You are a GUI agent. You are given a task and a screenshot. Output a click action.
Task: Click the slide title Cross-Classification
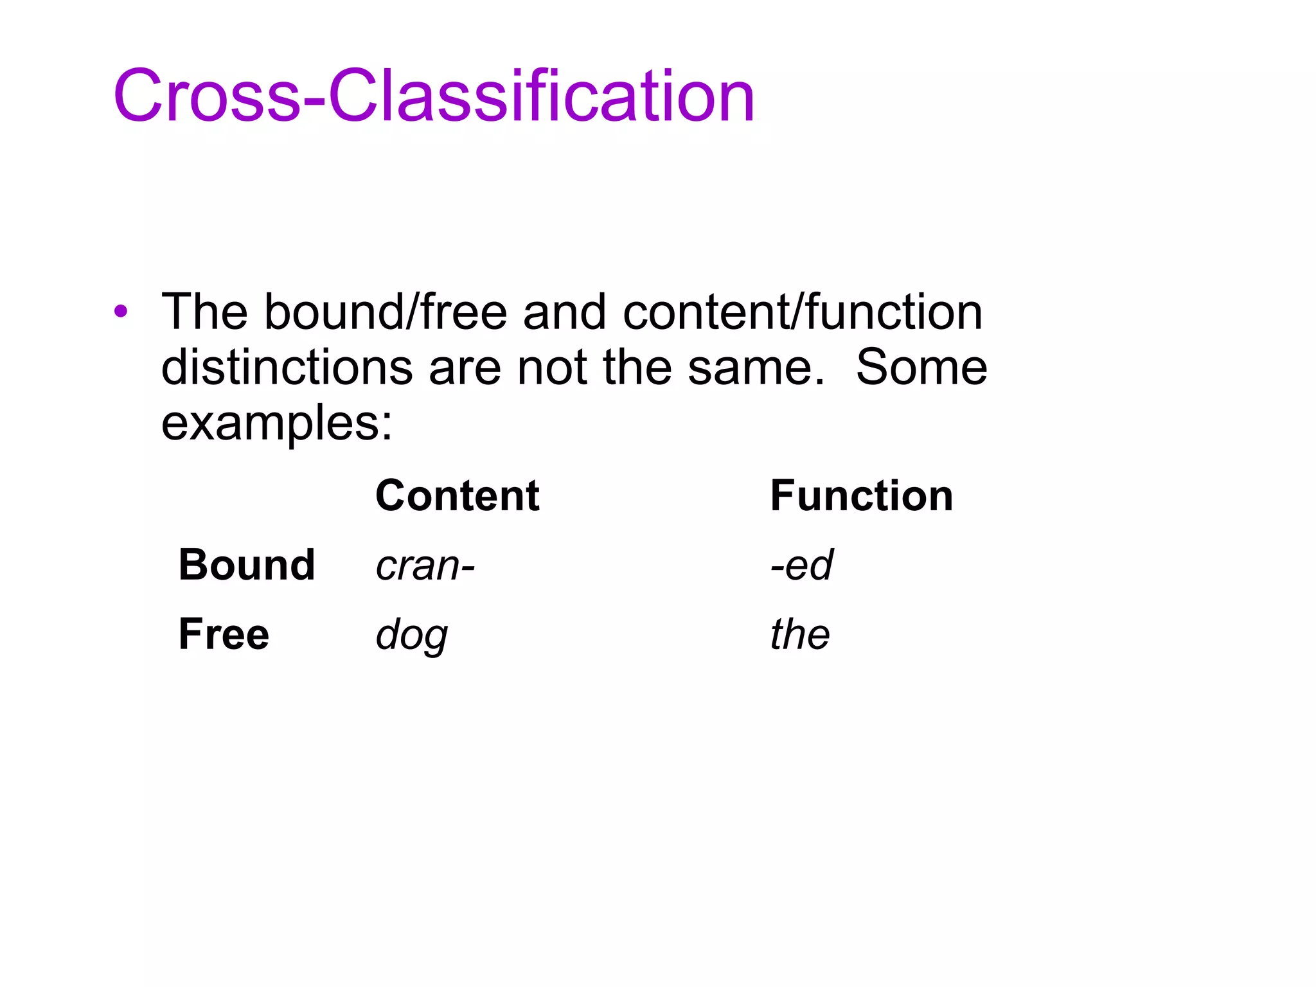tap(434, 96)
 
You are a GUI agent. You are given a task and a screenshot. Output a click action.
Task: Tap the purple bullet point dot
tap(121, 312)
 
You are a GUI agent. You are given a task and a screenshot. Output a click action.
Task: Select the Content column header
tap(457, 496)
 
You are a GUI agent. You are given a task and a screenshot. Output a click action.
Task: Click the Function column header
tap(861, 496)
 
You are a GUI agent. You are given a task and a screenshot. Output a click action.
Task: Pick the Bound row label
tap(247, 565)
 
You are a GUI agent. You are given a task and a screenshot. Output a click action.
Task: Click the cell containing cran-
tap(425, 565)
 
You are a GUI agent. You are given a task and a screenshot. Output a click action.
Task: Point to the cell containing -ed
tap(801, 565)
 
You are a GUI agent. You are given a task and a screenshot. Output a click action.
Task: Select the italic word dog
tap(412, 635)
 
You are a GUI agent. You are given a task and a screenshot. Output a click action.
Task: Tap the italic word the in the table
tap(800, 634)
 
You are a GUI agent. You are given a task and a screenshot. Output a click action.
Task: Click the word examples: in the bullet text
tap(276, 424)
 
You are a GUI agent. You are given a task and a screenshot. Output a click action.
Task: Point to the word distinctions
tap(287, 368)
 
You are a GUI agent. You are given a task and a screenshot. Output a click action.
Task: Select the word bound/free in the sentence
tap(386, 312)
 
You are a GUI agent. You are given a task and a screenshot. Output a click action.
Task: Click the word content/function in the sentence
tap(802, 312)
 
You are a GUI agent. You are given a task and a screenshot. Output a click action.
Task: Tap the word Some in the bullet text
tap(921, 368)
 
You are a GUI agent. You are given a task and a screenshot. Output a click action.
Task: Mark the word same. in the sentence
tap(756, 368)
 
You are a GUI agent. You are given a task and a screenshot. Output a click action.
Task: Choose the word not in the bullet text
tap(552, 368)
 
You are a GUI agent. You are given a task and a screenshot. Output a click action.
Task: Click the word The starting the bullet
tap(204, 312)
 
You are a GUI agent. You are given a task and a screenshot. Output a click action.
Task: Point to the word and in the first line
tap(564, 312)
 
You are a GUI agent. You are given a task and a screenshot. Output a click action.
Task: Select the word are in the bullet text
tap(464, 369)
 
